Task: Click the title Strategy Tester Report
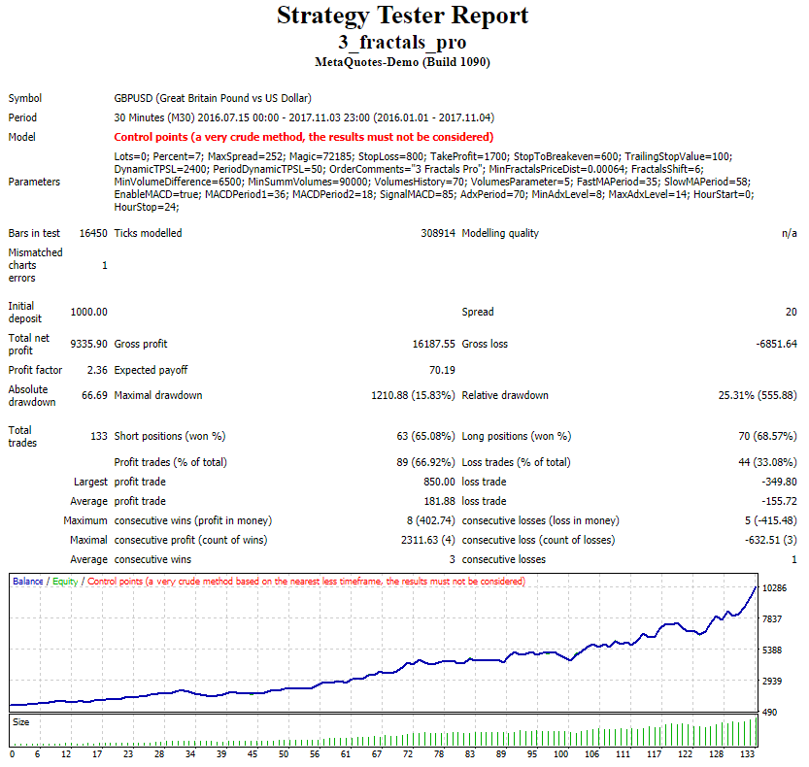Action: point(403,17)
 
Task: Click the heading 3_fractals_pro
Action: point(403,42)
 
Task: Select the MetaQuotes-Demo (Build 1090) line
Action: point(403,62)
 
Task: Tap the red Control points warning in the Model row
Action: point(303,137)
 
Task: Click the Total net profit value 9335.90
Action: point(88,344)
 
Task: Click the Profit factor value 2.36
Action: point(96,370)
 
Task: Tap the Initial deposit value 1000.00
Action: point(88,312)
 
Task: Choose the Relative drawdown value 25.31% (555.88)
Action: point(742,395)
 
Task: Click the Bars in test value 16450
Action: point(93,233)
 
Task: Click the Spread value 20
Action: point(791,312)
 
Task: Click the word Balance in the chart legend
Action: point(27,581)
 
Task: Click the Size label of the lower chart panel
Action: point(20,722)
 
